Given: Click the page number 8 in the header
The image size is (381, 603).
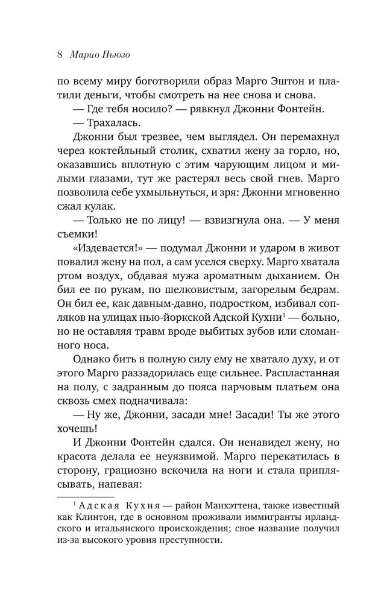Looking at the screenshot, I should point(59,55).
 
